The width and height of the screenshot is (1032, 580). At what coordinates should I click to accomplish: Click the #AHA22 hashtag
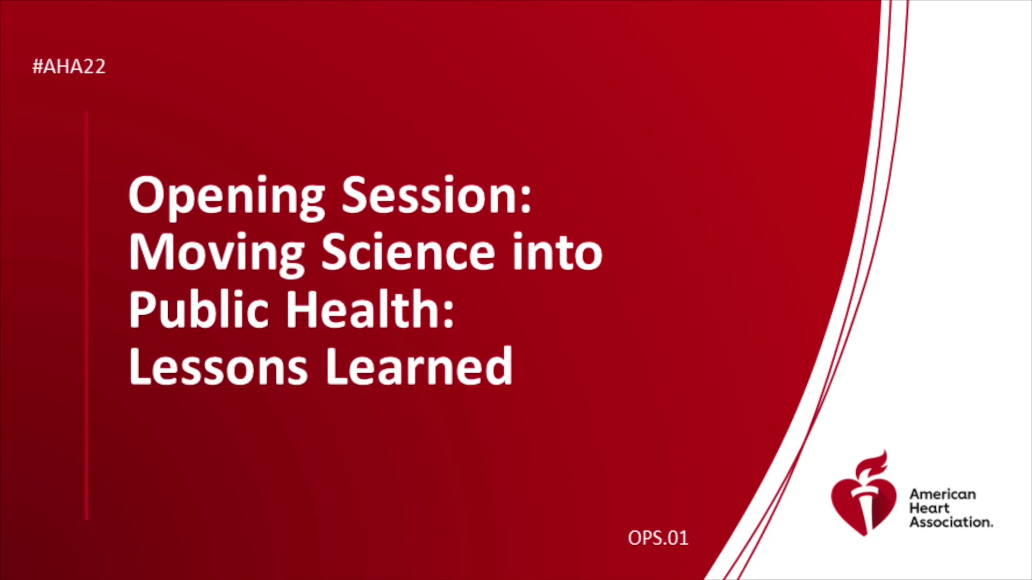[x=69, y=67]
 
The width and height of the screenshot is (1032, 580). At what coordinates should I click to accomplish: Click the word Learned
[x=419, y=366]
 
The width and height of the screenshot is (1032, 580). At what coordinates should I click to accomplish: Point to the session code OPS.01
[x=658, y=538]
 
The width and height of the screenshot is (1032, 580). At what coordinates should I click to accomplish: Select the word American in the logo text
[x=942, y=494]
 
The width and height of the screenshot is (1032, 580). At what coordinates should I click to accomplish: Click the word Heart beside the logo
[x=929, y=508]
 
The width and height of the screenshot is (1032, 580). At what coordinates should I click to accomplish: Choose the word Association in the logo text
[x=950, y=522]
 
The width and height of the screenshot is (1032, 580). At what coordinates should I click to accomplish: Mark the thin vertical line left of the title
[x=87, y=315]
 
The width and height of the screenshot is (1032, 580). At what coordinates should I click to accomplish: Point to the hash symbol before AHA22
[x=38, y=67]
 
